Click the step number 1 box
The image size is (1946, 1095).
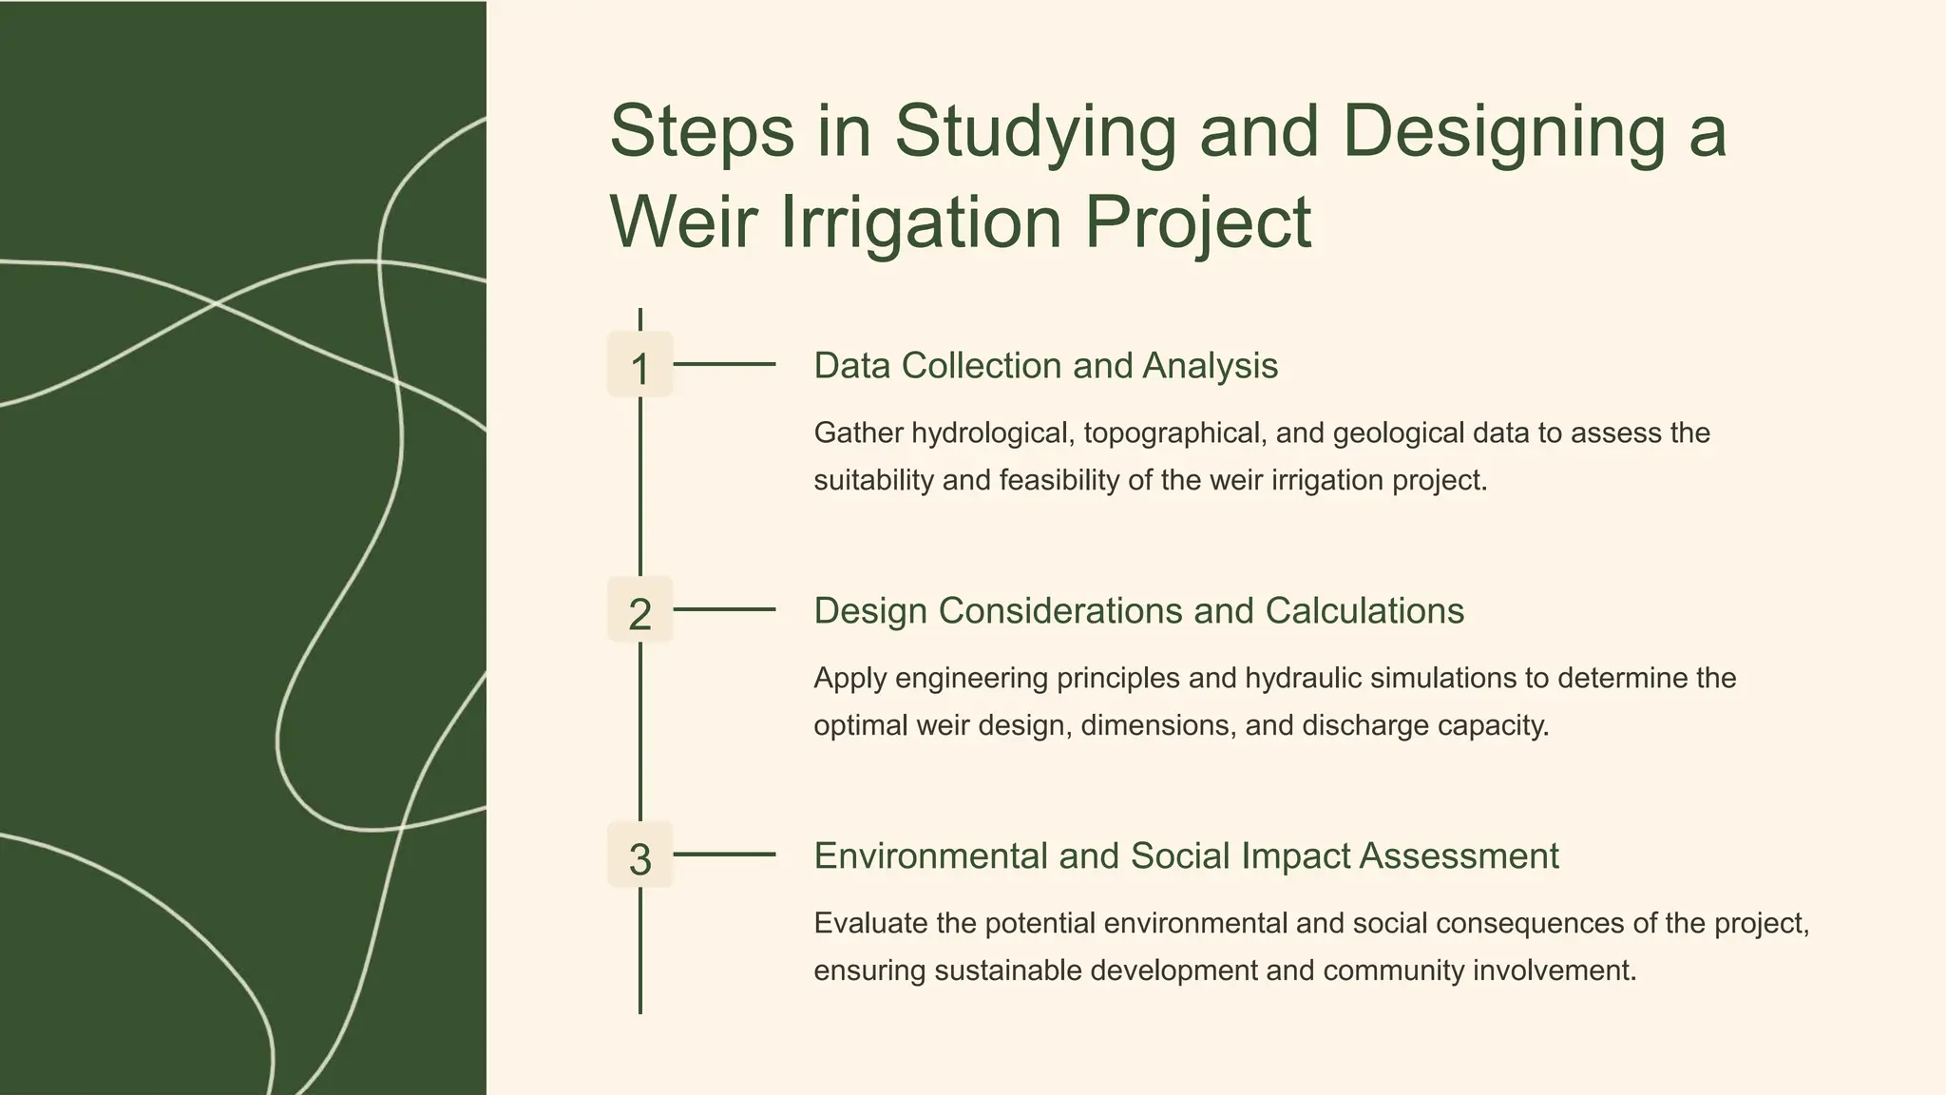639,365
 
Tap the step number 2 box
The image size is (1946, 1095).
639,610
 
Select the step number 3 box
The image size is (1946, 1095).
639,855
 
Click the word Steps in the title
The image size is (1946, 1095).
701,132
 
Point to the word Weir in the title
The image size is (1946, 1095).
683,222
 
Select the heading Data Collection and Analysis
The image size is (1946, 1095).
1045,366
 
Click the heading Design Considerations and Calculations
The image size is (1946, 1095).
1138,611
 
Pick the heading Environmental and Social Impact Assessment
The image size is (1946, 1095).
1186,856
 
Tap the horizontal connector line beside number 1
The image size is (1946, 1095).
724,364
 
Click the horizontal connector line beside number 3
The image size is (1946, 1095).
724,855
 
